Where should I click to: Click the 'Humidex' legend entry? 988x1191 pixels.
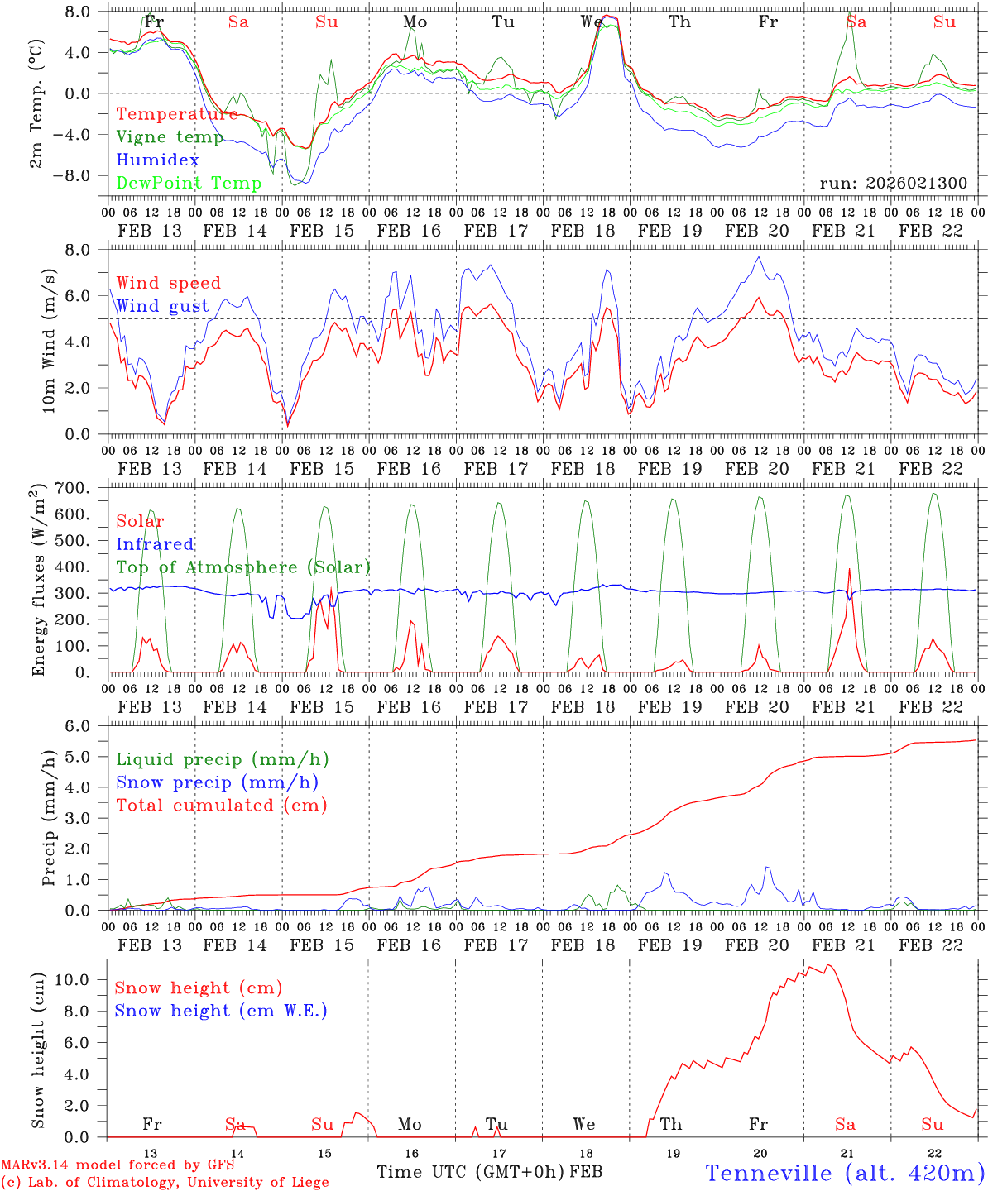(157, 160)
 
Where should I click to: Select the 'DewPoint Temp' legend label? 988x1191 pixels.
(189, 183)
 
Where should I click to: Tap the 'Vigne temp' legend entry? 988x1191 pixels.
(170, 137)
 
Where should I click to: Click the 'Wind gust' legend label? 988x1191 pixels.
(162, 306)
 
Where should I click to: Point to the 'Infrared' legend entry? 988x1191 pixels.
(155, 544)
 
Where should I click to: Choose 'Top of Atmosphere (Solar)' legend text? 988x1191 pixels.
(243, 567)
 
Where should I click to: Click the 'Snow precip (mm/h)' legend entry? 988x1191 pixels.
(217, 782)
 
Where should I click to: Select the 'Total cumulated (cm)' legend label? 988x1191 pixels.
(221, 805)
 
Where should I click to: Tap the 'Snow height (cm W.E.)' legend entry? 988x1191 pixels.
(221, 1011)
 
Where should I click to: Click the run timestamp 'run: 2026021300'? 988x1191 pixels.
(893, 183)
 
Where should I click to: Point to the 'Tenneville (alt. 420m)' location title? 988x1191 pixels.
(845, 1173)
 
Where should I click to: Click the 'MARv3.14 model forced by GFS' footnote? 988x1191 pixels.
(118, 1165)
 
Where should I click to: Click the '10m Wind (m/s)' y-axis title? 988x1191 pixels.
(49, 338)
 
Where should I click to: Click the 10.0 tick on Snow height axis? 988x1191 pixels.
(84, 980)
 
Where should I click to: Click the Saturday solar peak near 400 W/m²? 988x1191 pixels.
(849, 569)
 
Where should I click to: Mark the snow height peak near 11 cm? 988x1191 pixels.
(828, 964)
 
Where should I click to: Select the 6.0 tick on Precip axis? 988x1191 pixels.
(88, 725)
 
